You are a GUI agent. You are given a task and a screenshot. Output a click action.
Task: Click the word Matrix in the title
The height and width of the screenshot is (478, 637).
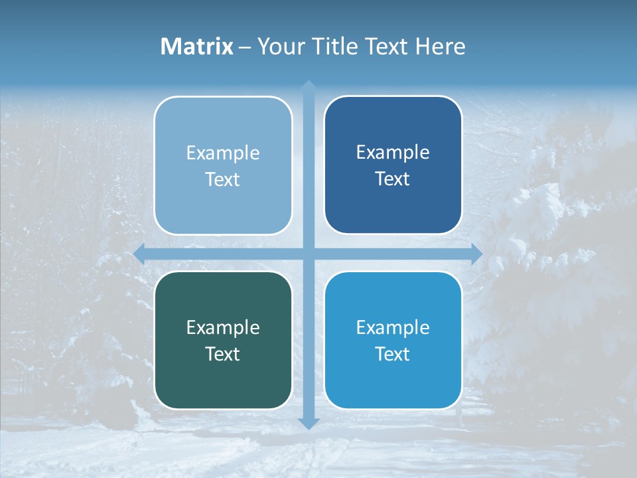pos(197,46)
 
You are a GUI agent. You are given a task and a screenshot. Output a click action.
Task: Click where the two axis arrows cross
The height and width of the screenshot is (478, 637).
pos(309,254)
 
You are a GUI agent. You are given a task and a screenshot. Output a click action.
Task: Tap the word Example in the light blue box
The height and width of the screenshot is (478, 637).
pos(223,153)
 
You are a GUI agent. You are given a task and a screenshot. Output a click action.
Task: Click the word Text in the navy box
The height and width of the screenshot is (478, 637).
pos(393,179)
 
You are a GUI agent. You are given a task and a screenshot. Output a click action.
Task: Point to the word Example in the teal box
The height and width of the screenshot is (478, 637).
pos(223,327)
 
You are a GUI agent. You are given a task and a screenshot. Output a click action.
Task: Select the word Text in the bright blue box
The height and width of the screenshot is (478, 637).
pos(393,354)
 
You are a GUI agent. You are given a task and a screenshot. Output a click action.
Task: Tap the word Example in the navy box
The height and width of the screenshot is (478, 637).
pos(393,153)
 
